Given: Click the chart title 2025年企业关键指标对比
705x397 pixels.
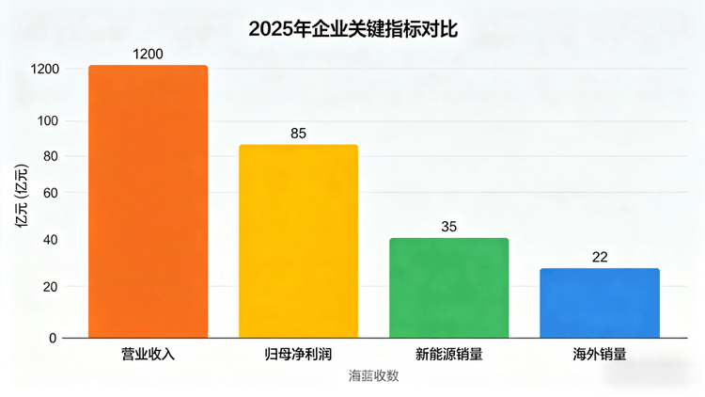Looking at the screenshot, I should tap(352, 29).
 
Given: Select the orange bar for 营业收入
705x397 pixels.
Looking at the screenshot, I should tap(148, 201).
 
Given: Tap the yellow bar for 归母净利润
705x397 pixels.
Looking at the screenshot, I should tap(298, 241).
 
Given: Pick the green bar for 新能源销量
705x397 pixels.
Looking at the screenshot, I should tap(448, 288).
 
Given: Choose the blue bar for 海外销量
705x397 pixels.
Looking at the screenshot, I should tap(600, 303).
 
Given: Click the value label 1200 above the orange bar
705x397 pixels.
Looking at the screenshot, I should tap(148, 54).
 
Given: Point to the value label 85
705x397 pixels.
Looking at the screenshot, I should tap(298, 133).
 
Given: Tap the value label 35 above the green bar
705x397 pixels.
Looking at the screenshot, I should tap(448, 227).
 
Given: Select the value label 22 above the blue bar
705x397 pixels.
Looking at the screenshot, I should tap(600, 257).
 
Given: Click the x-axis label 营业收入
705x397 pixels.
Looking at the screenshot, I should tap(148, 355).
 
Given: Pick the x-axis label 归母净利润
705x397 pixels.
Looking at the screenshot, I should tap(298, 355).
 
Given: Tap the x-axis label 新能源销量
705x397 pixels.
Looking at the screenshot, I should tap(448, 355).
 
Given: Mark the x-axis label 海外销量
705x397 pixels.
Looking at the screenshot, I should tap(600, 355).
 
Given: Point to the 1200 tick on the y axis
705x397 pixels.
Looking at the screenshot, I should tap(45, 70).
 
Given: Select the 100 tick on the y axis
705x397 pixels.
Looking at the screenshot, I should tap(47, 121).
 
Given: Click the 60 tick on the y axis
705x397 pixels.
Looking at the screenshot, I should tap(50, 194).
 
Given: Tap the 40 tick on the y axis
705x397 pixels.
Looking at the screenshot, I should tap(50, 241).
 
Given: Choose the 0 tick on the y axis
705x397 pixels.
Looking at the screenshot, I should tap(54, 338).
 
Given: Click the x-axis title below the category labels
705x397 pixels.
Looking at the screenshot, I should tap(373, 376).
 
